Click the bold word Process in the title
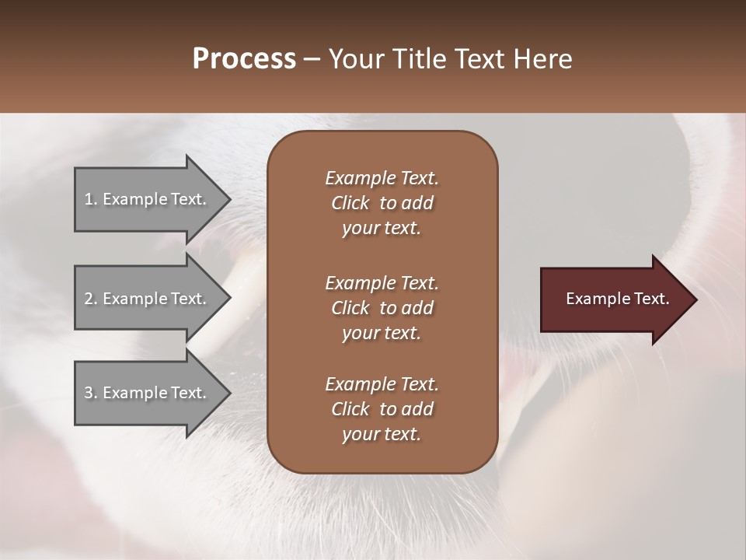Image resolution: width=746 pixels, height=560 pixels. (244, 59)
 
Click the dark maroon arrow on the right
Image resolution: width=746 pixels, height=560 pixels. (614, 299)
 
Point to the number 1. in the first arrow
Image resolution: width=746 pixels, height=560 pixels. (91, 199)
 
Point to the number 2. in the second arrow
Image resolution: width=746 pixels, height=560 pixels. (91, 299)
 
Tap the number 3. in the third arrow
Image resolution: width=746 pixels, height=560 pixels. (91, 393)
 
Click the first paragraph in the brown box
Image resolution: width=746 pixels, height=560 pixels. (382, 203)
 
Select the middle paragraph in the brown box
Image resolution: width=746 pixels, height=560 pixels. (382, 307)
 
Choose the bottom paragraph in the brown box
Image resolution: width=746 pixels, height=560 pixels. (382, 409)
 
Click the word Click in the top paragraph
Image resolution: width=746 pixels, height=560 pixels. (350, 203)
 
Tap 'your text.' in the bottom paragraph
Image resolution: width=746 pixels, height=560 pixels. (382, 435)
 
